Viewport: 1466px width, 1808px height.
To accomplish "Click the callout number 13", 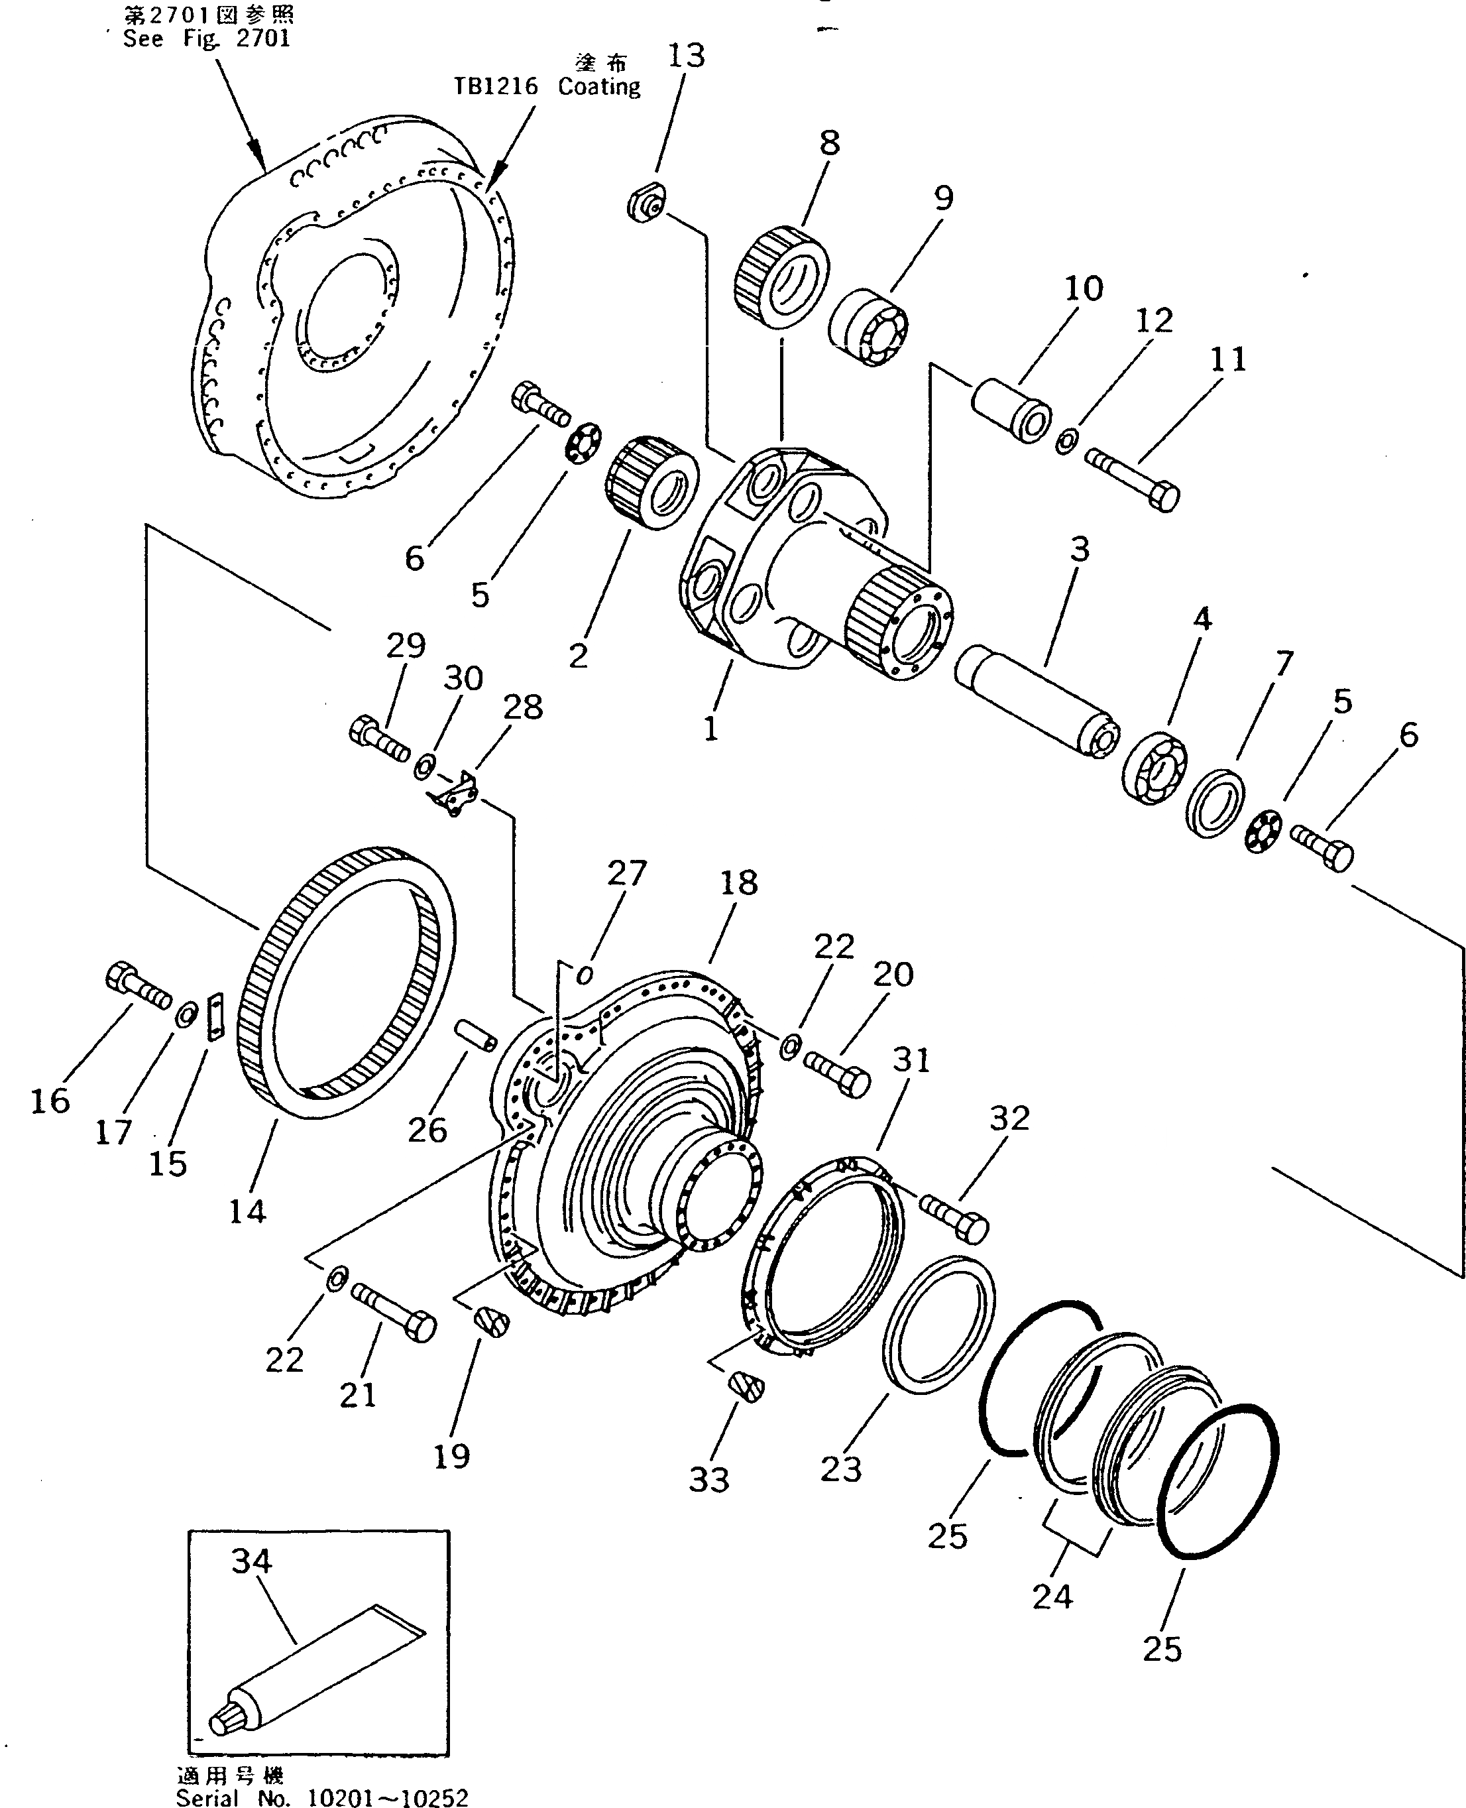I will pyautogui.click(x=686, y=56).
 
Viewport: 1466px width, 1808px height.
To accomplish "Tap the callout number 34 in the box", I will pyautogui.click(x=252, y=1561).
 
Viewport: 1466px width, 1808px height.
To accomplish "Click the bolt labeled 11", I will pyautogui.click(x=1133, y=478).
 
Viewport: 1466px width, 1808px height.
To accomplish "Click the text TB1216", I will pyautogui.click(x=496, y=87).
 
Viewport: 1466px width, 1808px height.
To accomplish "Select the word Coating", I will pyautogui.click(x=598, y=87).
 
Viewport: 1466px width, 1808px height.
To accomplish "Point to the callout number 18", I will pyautogui.click(x=739, y=883).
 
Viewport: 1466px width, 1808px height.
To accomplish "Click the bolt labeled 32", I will pyautogui.click(x=954, y=1217).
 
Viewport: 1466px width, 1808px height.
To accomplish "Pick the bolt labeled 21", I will pyautogui.click(x=392, y=1309).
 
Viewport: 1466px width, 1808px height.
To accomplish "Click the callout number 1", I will pyautogui.click(x=710, y=727).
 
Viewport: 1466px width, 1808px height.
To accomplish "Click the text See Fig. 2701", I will pyautogui.click(x=207, y=39).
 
